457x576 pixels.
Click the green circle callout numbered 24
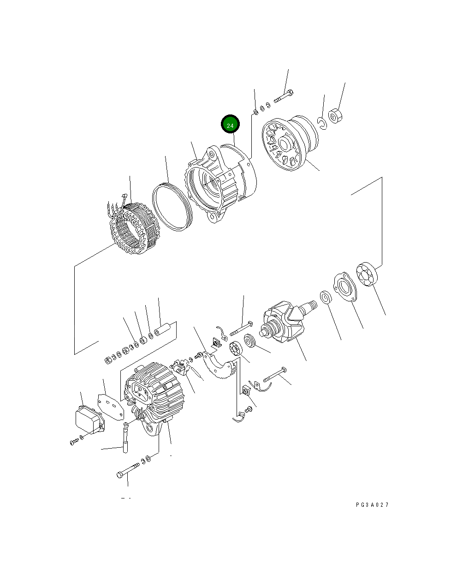click(230, 125)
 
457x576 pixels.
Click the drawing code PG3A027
click(372, 505)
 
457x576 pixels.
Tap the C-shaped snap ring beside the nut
click(322, 122)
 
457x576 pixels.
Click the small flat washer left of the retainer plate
click(325, 298)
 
